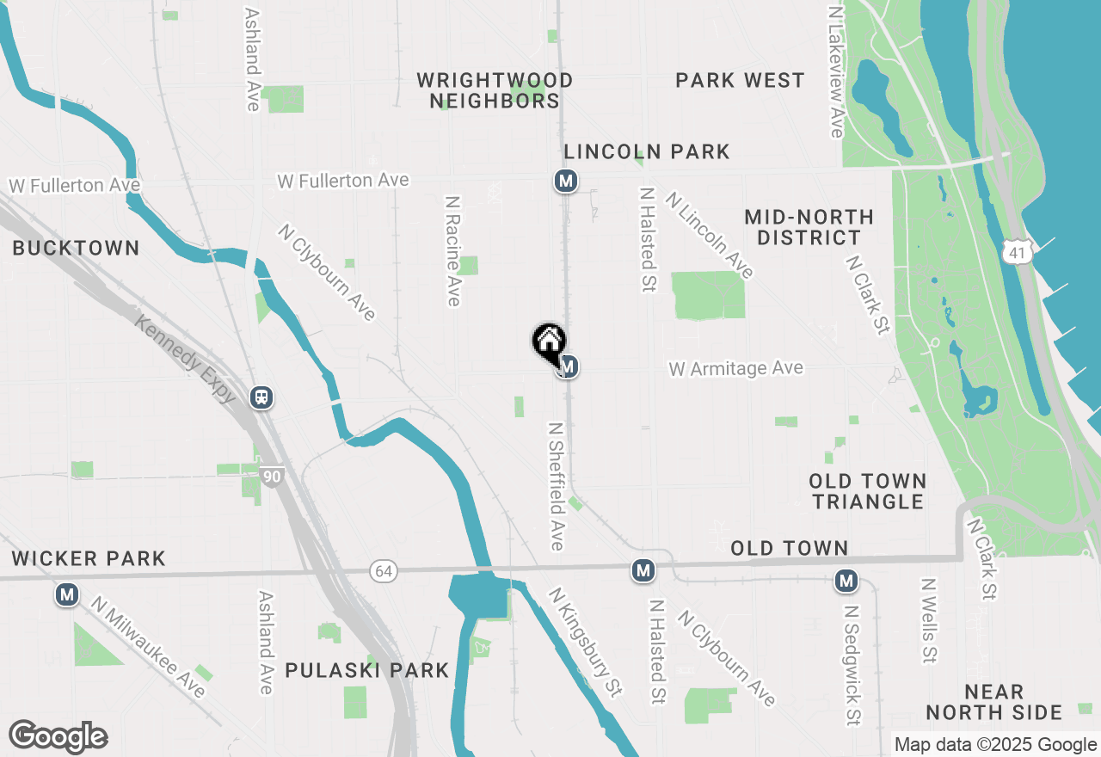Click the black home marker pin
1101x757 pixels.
click(x=549, y=343)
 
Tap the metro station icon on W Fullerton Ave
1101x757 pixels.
click(x=565, y=181)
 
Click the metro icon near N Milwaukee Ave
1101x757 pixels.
click(x=67, y=594)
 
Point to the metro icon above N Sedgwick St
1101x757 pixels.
click(x=846, y=582)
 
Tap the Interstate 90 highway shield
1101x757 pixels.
click(x=273, y=476)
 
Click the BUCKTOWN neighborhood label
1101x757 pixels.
click(x=76, y=249)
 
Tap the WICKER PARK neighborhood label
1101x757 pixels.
click(x=89, y=558)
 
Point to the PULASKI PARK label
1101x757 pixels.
click(x=367, y=670)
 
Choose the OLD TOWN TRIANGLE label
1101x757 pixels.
click(x=868, y=491)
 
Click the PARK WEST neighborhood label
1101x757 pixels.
click(x=740, y=81)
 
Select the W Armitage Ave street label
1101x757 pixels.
click(x=736, y=369)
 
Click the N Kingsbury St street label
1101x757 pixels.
click(x=586, y=642)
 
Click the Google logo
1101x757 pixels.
click(x=58, y=737)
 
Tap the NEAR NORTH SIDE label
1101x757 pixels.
click(x=994, y=702)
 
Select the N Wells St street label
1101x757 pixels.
click(x=928, y=620)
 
